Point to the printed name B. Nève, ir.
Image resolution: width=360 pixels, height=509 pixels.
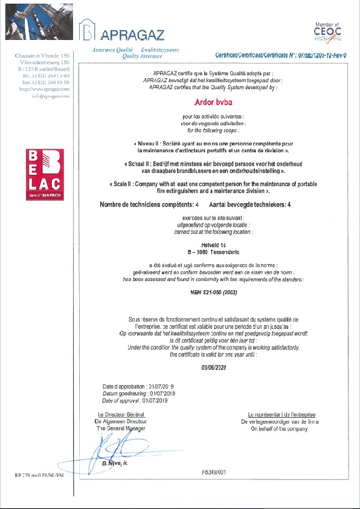(116, 463)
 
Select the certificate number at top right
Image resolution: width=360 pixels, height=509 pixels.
(284, 55)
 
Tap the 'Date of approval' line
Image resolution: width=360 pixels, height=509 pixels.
(138, 400)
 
